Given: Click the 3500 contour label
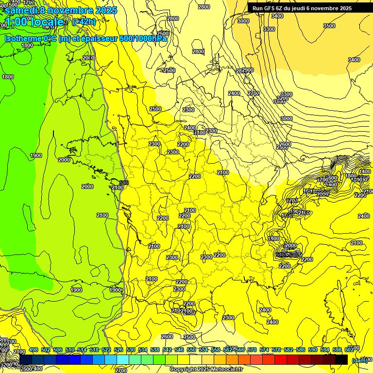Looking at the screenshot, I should (x=329, y=26).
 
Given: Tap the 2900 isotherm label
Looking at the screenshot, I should (x=248, y=70).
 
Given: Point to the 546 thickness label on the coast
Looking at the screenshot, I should (x=124, y=183).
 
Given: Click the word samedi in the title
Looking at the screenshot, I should (x=22, y=10).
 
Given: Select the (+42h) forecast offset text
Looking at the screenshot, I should (x=84, y=22).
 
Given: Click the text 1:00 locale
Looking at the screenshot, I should (x=34, y=22).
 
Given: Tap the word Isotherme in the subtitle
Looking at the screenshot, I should (x=22, y=39).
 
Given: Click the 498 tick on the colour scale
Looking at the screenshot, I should (x=33, y=350).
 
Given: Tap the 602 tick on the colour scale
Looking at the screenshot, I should (x=349, y=350).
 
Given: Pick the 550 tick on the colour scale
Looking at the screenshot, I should (x=191, y=350).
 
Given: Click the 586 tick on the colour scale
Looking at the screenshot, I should (x=301, y=350).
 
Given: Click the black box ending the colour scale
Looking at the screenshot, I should (x=341, y=359).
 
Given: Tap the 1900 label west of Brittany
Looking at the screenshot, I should (x=35, y=155).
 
